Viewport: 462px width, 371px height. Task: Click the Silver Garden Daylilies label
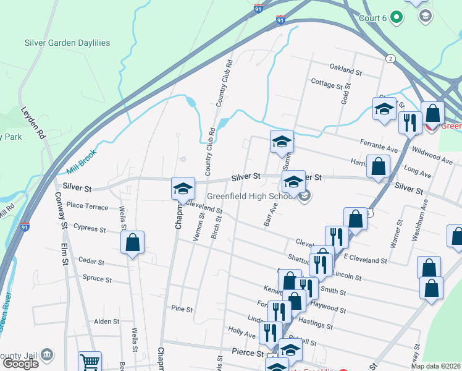[67, 43]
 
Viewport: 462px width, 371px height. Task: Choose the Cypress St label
[90, 228]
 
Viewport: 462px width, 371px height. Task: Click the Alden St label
[106, 322]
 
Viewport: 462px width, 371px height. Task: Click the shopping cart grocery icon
[90, 362]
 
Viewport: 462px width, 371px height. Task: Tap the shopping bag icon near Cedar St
[133, 243]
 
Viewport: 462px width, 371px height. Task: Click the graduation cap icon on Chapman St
[183, 188]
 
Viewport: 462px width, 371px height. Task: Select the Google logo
[21, 364]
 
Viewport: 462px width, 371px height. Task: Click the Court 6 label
[372, 18]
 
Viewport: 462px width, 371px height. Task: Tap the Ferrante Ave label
[379, 147]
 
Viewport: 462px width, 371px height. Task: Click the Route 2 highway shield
[390, 58]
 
